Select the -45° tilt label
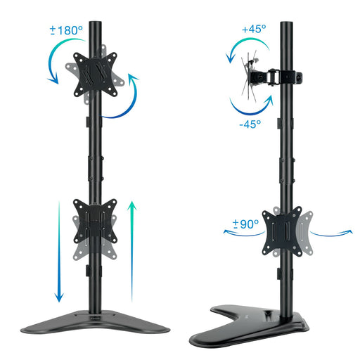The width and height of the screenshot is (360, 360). (250, 123)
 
